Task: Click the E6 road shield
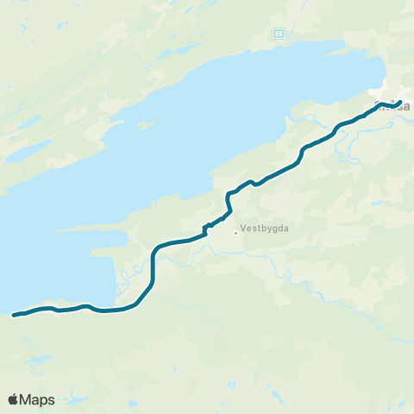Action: (x=279, y=34)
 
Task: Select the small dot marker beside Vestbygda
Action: (x=235, y=232)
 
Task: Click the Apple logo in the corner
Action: (x=14, y=399)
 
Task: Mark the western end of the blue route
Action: (x=14, y=315)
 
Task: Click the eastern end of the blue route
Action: (x=400, y=103)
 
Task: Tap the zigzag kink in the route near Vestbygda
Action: (x=207, y=227)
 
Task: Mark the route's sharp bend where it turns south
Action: (x=156, y=251)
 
